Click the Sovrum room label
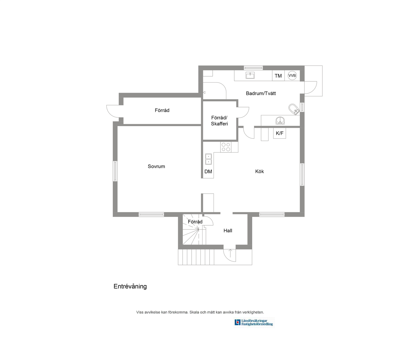tap(156, 166)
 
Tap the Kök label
tap(259, 171)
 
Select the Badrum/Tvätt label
tap(261, 93)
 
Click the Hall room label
tap(228, 230)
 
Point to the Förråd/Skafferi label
tap(219, 121)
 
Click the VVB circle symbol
tap(292, 75)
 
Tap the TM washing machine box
tap(278, 75)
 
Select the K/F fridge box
tap(280, 133)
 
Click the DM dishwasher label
tap(208, 172)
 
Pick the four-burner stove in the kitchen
tap(226, 147)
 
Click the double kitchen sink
tap(208, 159)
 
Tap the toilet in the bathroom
tap(294, 109)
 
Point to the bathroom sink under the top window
tap(250, 75)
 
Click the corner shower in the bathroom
tap(280, 121)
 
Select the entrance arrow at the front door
tap(230, 253)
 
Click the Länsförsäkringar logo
tap(254, 322)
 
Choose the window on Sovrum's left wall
tap(115, 171)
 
